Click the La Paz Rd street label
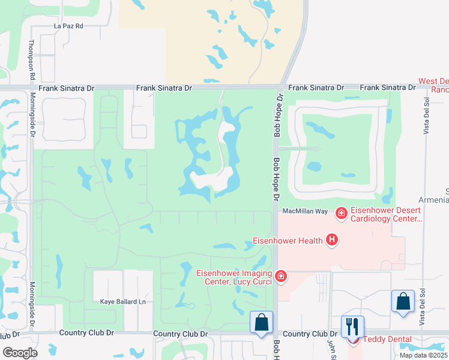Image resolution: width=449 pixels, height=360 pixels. coord(68,26)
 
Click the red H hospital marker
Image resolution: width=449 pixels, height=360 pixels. coord(331,241)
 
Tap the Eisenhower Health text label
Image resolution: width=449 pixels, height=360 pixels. coord(286,241)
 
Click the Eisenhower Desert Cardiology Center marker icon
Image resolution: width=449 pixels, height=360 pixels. coord(341,212)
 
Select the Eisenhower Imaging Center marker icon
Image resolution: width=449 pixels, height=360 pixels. coord(280,277)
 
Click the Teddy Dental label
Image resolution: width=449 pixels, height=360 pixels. coord(387,340)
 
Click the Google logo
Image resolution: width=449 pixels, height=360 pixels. coord(19,352)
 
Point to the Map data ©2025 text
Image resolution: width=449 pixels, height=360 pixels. coord(424,355)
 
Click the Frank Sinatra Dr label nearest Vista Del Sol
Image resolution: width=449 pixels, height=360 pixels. coord(388,88)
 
